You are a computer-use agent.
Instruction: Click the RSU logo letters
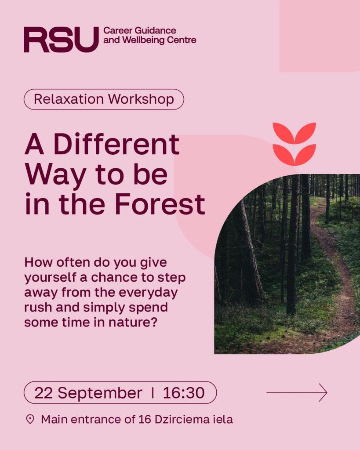[61, 40]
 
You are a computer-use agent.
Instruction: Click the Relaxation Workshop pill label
[104, 99]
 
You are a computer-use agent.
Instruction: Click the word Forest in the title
[160, 204]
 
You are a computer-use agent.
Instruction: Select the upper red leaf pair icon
[294, 133]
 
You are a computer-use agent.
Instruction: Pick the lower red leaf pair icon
[294, 155]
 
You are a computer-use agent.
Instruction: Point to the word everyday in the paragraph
[148, 293]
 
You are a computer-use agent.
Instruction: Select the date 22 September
[88, 392]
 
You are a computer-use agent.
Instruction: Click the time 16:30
[184, 392]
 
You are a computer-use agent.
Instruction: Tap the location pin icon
[30, 419]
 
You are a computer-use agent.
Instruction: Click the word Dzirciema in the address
[182, 420]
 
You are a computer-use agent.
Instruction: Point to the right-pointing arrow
[297, 392]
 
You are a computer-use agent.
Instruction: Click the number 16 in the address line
[145, 420]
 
